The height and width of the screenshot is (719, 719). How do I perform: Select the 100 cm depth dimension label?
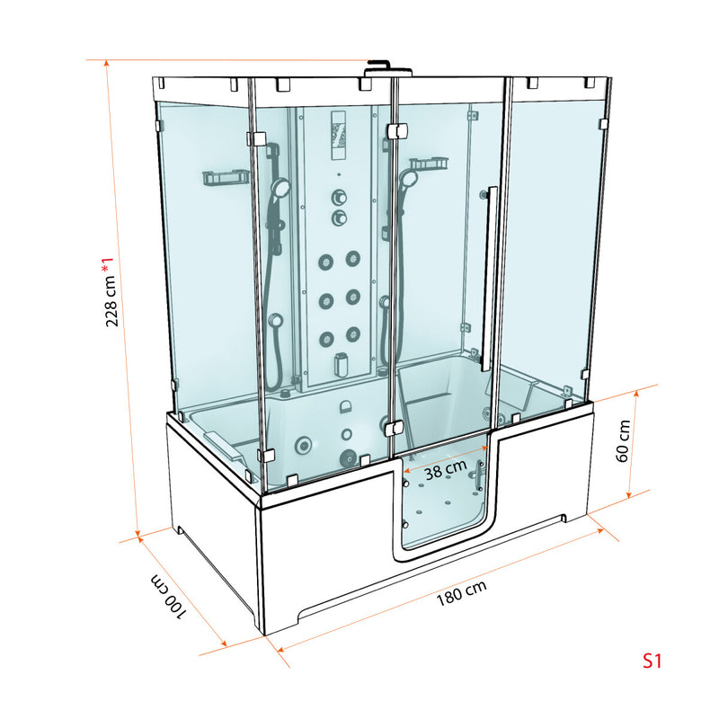click(170, 595)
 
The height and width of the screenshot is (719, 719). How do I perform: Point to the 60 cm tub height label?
click(621, 441)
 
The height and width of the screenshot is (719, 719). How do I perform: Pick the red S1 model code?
click(652, 661)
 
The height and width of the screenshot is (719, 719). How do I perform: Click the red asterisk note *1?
click(109, 265)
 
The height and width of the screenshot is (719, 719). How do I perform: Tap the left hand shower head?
click(280, 189)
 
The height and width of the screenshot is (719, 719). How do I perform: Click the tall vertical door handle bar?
click(491, 279)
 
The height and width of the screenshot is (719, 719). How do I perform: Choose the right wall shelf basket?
click(430, 165)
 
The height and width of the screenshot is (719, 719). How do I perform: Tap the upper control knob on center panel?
click(339, 197)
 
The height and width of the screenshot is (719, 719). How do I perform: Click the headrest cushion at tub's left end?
click(220, 441)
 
